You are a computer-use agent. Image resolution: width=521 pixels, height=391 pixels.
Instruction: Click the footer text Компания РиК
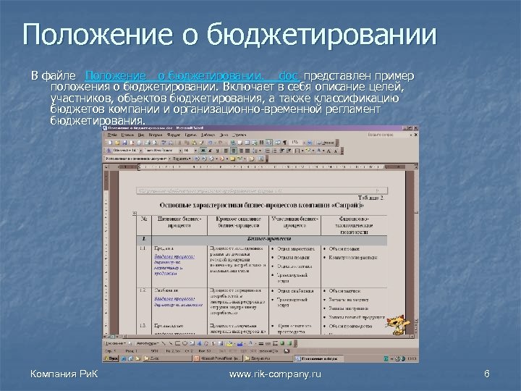64,373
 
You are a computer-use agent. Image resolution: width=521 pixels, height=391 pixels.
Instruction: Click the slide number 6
486,373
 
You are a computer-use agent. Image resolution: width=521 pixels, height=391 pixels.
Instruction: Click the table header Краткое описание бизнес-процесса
237,222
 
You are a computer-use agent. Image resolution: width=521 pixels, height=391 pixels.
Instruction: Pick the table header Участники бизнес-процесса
295,222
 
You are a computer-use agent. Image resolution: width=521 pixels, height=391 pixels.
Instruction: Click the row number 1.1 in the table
142,248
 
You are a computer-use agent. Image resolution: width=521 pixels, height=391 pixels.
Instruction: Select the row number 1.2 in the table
142,290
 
